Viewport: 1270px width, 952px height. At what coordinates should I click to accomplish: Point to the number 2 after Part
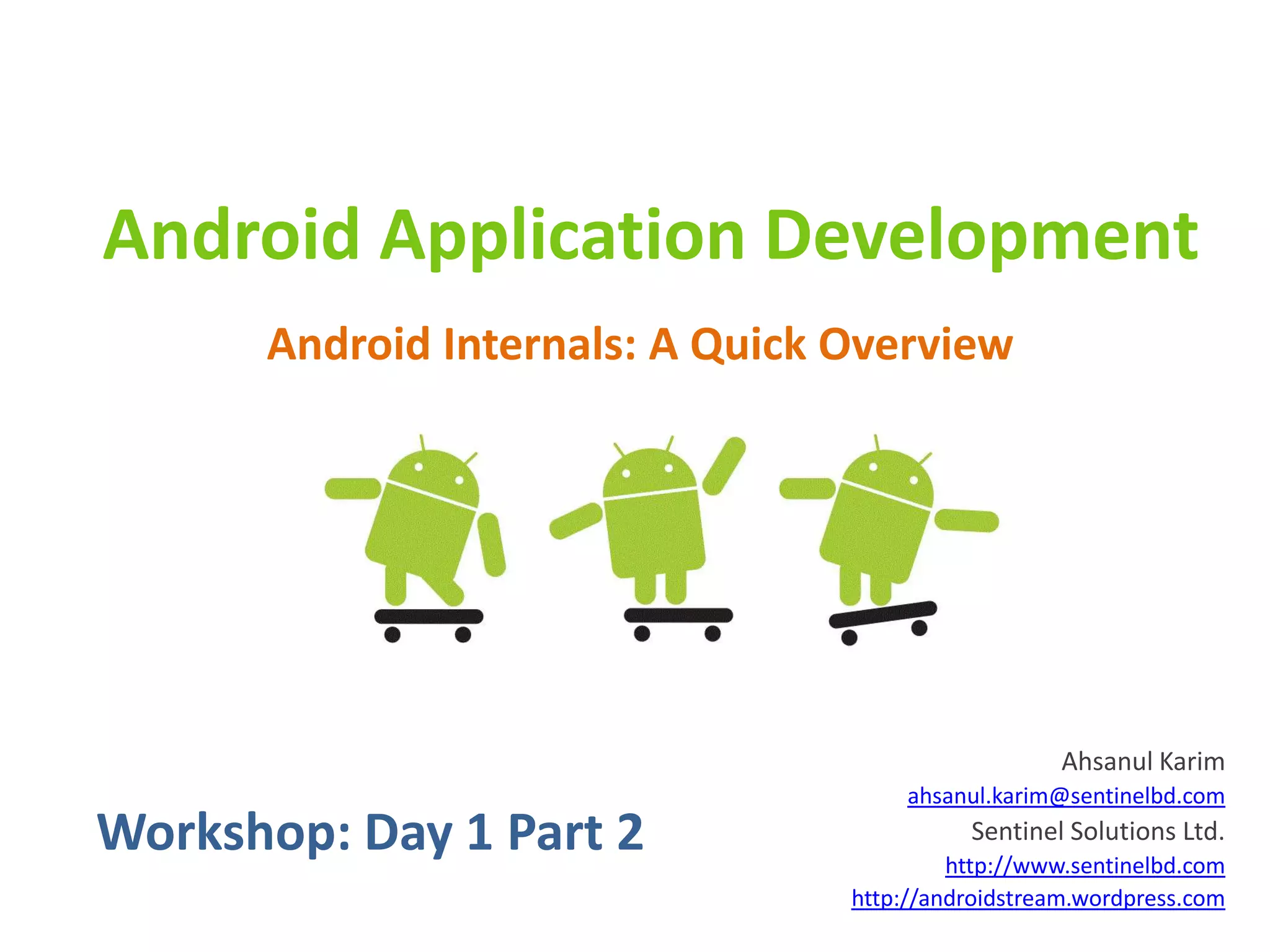pos(630,832)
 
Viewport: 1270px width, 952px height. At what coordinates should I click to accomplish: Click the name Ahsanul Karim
pos(1142,762)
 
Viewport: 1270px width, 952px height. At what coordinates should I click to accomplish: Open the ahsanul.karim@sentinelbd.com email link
pos(1065,796)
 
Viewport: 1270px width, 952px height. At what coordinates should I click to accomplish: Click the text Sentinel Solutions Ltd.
pos(1097,831)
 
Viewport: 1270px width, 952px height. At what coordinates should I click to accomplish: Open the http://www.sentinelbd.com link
pos(1084,866)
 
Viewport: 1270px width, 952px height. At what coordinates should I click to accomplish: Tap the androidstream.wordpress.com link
pos(1037,899)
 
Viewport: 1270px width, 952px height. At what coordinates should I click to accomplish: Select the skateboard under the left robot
pos(429,616)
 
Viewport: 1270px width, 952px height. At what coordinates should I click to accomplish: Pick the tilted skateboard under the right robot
pos(882,614)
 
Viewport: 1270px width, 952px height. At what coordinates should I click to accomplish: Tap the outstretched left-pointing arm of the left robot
pos(352,488)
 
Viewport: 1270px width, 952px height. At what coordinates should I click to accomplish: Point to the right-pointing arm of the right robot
pos(966,521)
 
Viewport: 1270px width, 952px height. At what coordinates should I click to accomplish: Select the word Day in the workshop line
pos(409,832)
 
